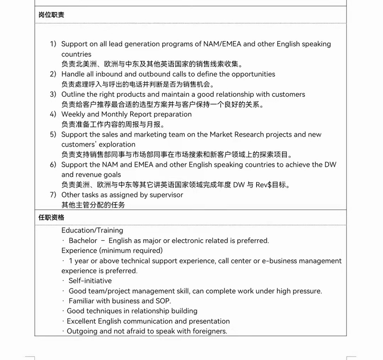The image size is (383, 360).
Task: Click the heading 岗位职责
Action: pos(51,15)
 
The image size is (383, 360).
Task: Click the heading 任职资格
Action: pos(51,218)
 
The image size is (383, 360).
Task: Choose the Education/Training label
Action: pos(92,231)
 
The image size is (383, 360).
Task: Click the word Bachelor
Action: pos(83,241)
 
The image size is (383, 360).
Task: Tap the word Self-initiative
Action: pos(90,281)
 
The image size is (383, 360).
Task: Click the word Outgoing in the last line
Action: pos(82,331)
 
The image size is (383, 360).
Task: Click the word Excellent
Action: pos(81,321)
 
